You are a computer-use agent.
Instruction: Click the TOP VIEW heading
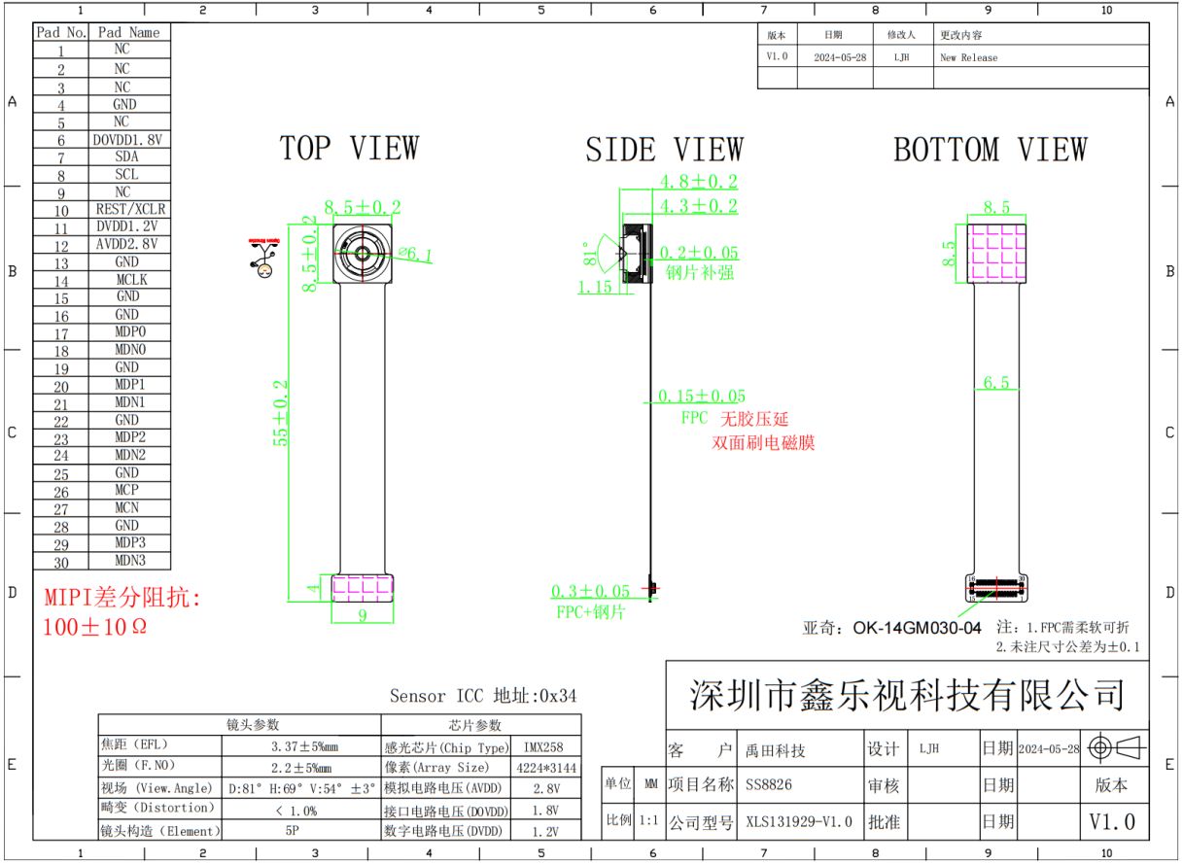coord(349,149)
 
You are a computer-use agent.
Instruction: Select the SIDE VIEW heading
coord(664,150)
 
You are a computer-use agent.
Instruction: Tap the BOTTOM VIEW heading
coord(990,150)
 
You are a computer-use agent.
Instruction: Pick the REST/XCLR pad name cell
coord(130,209)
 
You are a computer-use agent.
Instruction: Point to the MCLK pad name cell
coord(130,280)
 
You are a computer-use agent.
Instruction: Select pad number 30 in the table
coord(61,562)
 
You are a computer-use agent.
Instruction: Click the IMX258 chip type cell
coord(547,747)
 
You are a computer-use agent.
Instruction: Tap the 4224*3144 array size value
coord(547,768)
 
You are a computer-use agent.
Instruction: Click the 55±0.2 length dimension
coord(282,412)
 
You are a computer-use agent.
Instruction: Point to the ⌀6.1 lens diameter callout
coord(415,255)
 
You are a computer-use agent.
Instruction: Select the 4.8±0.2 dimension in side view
coord(698,182)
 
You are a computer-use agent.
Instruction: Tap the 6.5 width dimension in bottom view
coord(996,383)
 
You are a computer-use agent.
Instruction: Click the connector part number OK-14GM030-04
coord(917,628)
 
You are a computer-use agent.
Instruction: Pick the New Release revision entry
coord(968,58)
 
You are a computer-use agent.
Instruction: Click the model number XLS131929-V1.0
coord(798,822)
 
